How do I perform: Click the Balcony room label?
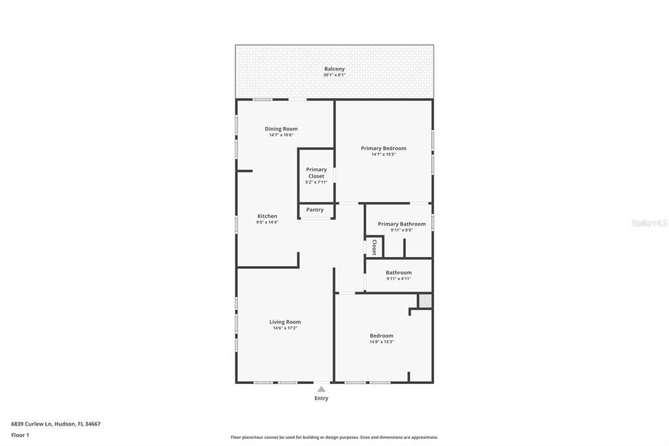[334, 69]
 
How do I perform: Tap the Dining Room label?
[281, 129]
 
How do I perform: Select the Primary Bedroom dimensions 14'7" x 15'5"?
[383, 154]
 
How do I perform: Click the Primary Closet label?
[316, 173]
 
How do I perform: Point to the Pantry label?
[315, 210]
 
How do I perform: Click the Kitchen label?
[267, 216]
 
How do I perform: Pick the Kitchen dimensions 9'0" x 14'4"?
[267, 222]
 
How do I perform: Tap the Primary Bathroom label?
[402, 224]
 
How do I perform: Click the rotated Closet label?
[374, 247]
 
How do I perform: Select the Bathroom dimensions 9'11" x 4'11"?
[399, 279]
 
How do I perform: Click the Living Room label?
[285, 322]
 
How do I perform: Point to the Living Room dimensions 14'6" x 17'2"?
[285, 328]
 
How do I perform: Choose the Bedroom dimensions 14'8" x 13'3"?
[382, 342]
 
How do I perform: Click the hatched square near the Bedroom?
[425, 301]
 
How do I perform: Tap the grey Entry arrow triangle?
[321, 388]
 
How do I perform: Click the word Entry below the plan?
[321, 398]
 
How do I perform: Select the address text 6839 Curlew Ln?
[31, 424]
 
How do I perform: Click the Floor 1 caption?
[20, 436]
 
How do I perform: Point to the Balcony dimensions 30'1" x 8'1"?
[334, 75]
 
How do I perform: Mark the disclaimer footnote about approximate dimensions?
[334, 437]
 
